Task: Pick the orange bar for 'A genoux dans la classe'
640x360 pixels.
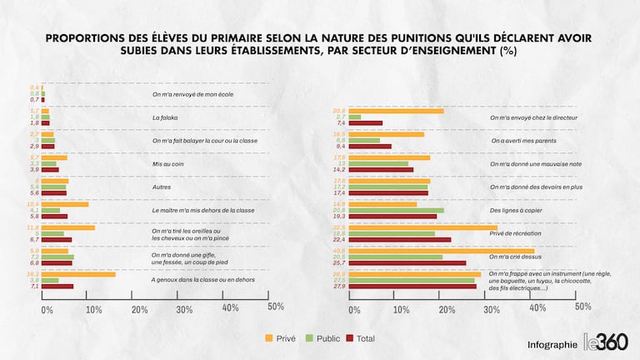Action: click(78, 274)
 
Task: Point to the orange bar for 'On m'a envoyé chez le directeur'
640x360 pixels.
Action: click(398, 111)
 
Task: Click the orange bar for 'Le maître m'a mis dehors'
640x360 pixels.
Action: click(65, 204)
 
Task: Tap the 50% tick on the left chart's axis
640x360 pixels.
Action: click(275, 307)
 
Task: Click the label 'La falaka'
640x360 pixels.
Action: click(165, 117)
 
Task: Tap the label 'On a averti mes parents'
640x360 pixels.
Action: click(524, 141)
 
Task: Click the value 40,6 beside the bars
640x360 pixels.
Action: click(339, 250)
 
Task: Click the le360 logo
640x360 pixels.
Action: click(606, 342)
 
